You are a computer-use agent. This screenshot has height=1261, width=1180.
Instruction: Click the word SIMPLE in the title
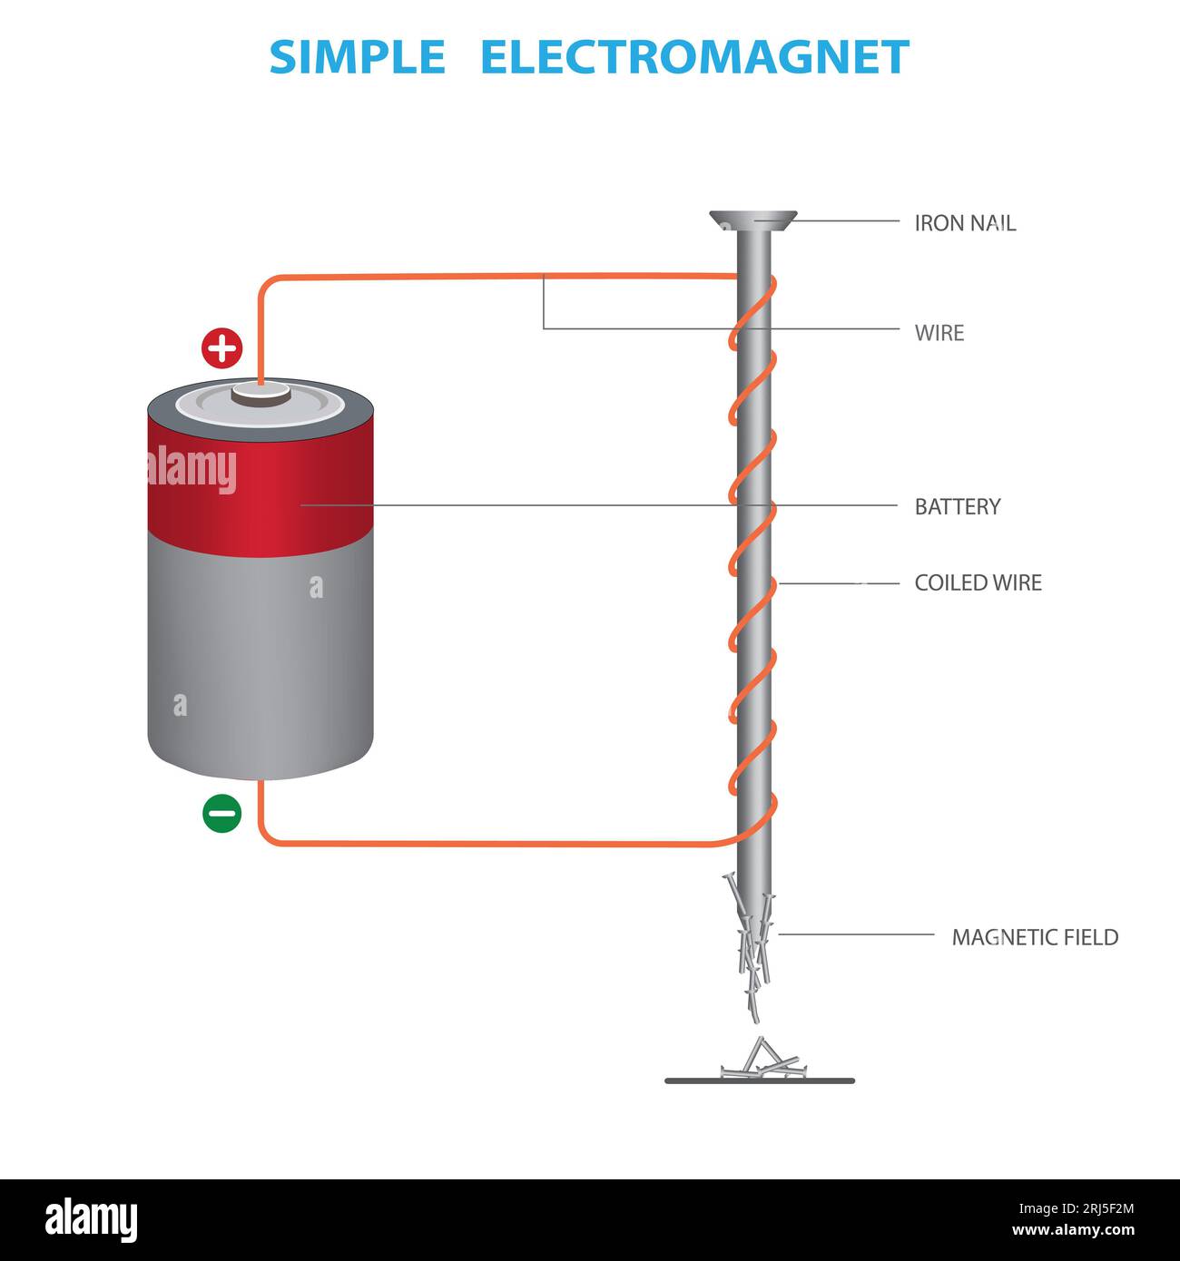coord(357,57)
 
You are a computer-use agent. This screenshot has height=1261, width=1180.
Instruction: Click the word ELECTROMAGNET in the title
coord(693,57)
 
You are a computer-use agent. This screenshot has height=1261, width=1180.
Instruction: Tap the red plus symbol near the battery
coord(221,348)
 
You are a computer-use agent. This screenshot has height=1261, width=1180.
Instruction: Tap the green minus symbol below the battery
coord(221,813)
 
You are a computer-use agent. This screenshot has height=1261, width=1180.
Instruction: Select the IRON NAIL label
coord(964,223)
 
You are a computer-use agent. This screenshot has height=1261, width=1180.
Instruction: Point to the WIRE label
coord(939,333)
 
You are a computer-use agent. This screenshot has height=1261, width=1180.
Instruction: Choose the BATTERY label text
coord(957,506)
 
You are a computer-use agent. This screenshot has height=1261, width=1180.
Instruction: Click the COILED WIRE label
coord(978,582)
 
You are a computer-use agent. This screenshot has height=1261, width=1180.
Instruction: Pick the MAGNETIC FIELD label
coord(1034,937)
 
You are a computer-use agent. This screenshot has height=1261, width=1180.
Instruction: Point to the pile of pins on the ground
coord(759,1063)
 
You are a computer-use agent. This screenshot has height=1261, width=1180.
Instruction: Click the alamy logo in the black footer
coord(91,1219)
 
